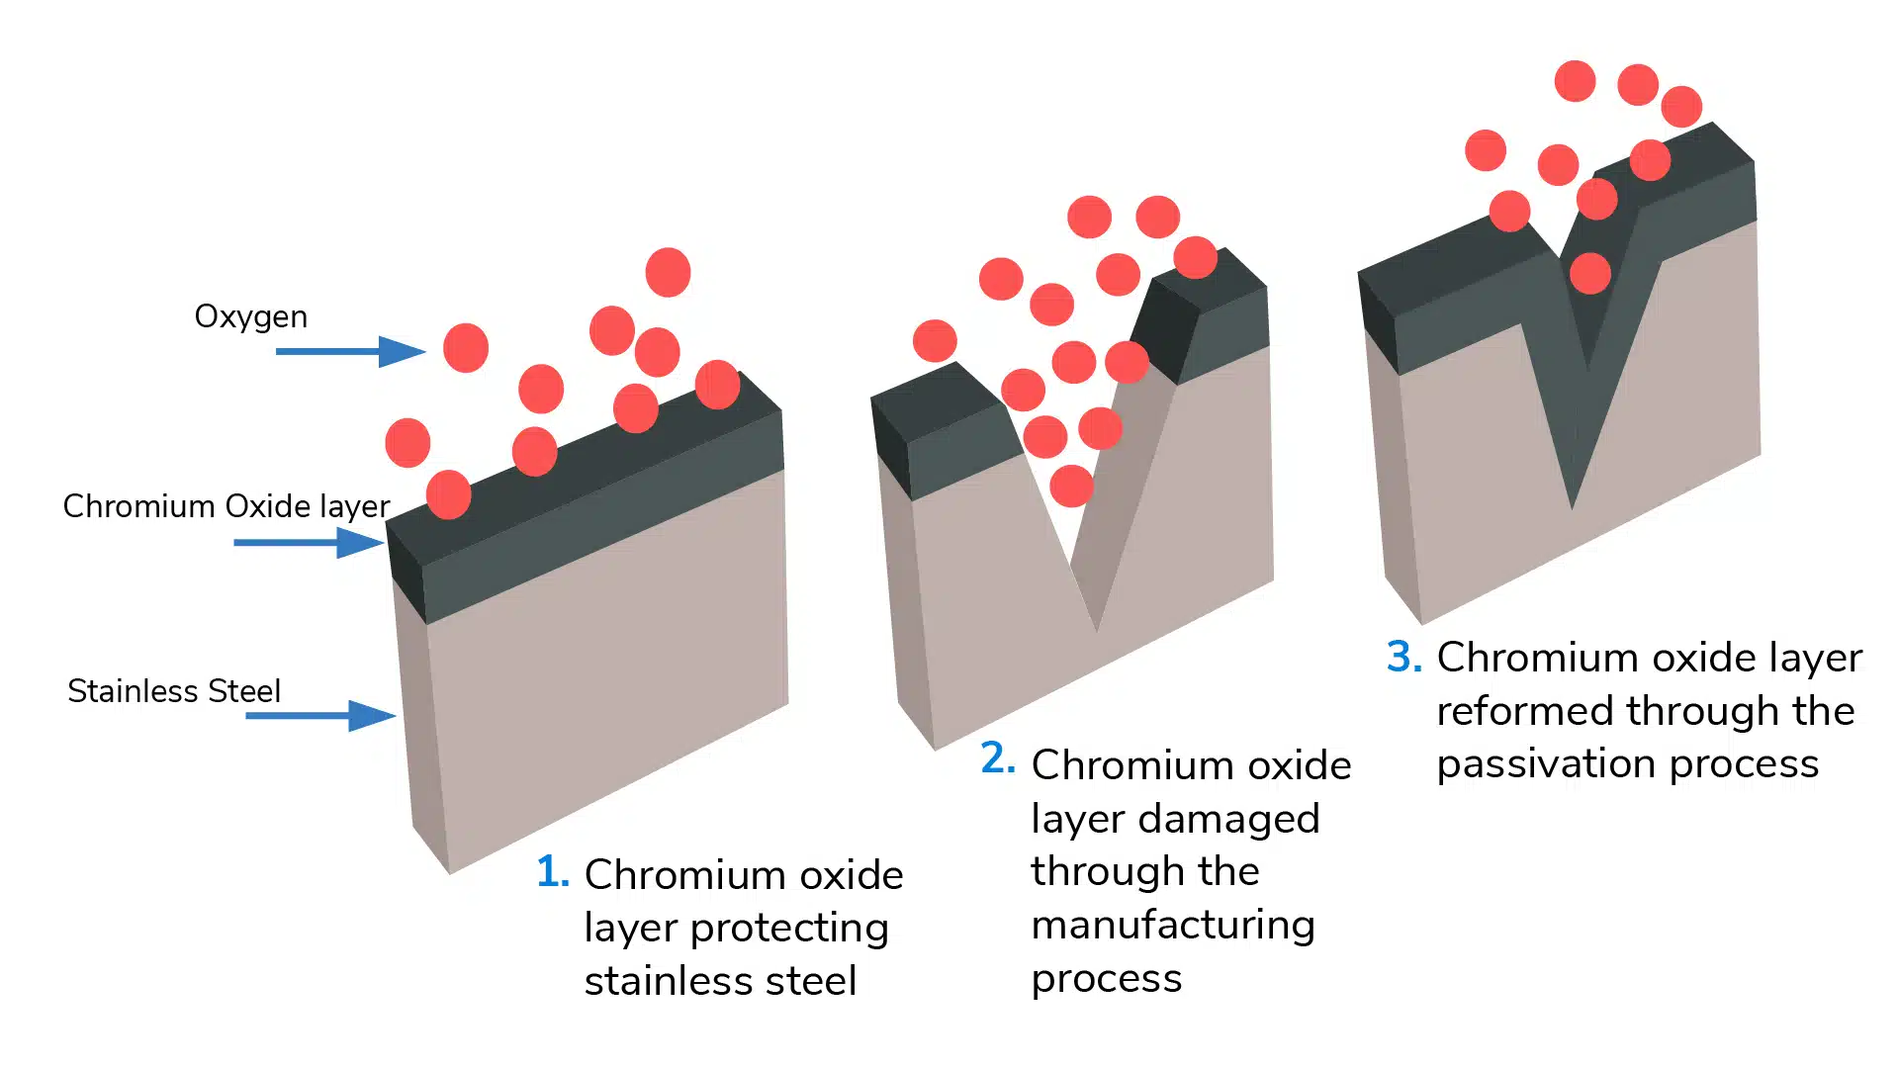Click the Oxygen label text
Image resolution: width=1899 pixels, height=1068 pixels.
click(x=250, y=316)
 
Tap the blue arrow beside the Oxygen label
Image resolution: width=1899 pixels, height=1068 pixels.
click(x=350, y=351)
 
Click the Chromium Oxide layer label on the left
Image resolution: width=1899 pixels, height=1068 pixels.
click(x=226, y=506)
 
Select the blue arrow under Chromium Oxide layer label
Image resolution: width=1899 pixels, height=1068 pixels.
click(x=309, y=542)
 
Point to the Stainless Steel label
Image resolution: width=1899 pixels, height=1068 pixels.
click(x=174, y=690)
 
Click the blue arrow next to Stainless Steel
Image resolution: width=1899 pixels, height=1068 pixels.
click(x=320, y=715)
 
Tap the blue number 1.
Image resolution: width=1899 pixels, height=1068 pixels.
click(x=552, y=872)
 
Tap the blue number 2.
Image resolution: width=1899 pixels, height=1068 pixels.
click(x=997, y=758)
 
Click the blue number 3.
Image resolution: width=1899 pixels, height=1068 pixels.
click(x=1403, y=657)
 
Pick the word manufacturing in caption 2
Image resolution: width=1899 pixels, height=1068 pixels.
click(x=1173, y=926)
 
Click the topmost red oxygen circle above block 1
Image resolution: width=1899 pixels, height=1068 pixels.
click(x=668, y=272)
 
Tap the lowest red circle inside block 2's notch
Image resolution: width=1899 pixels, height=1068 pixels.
click(x=1071, y=486)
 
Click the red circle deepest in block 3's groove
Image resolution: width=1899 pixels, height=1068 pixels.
click(x=1589, y=273)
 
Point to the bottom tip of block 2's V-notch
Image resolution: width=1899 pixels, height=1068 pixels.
click(x=1096, y=629)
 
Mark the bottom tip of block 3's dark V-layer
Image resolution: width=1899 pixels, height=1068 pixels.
click(x=1573, y=507)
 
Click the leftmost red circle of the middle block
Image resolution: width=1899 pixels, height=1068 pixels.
click(x=935, y=341)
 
